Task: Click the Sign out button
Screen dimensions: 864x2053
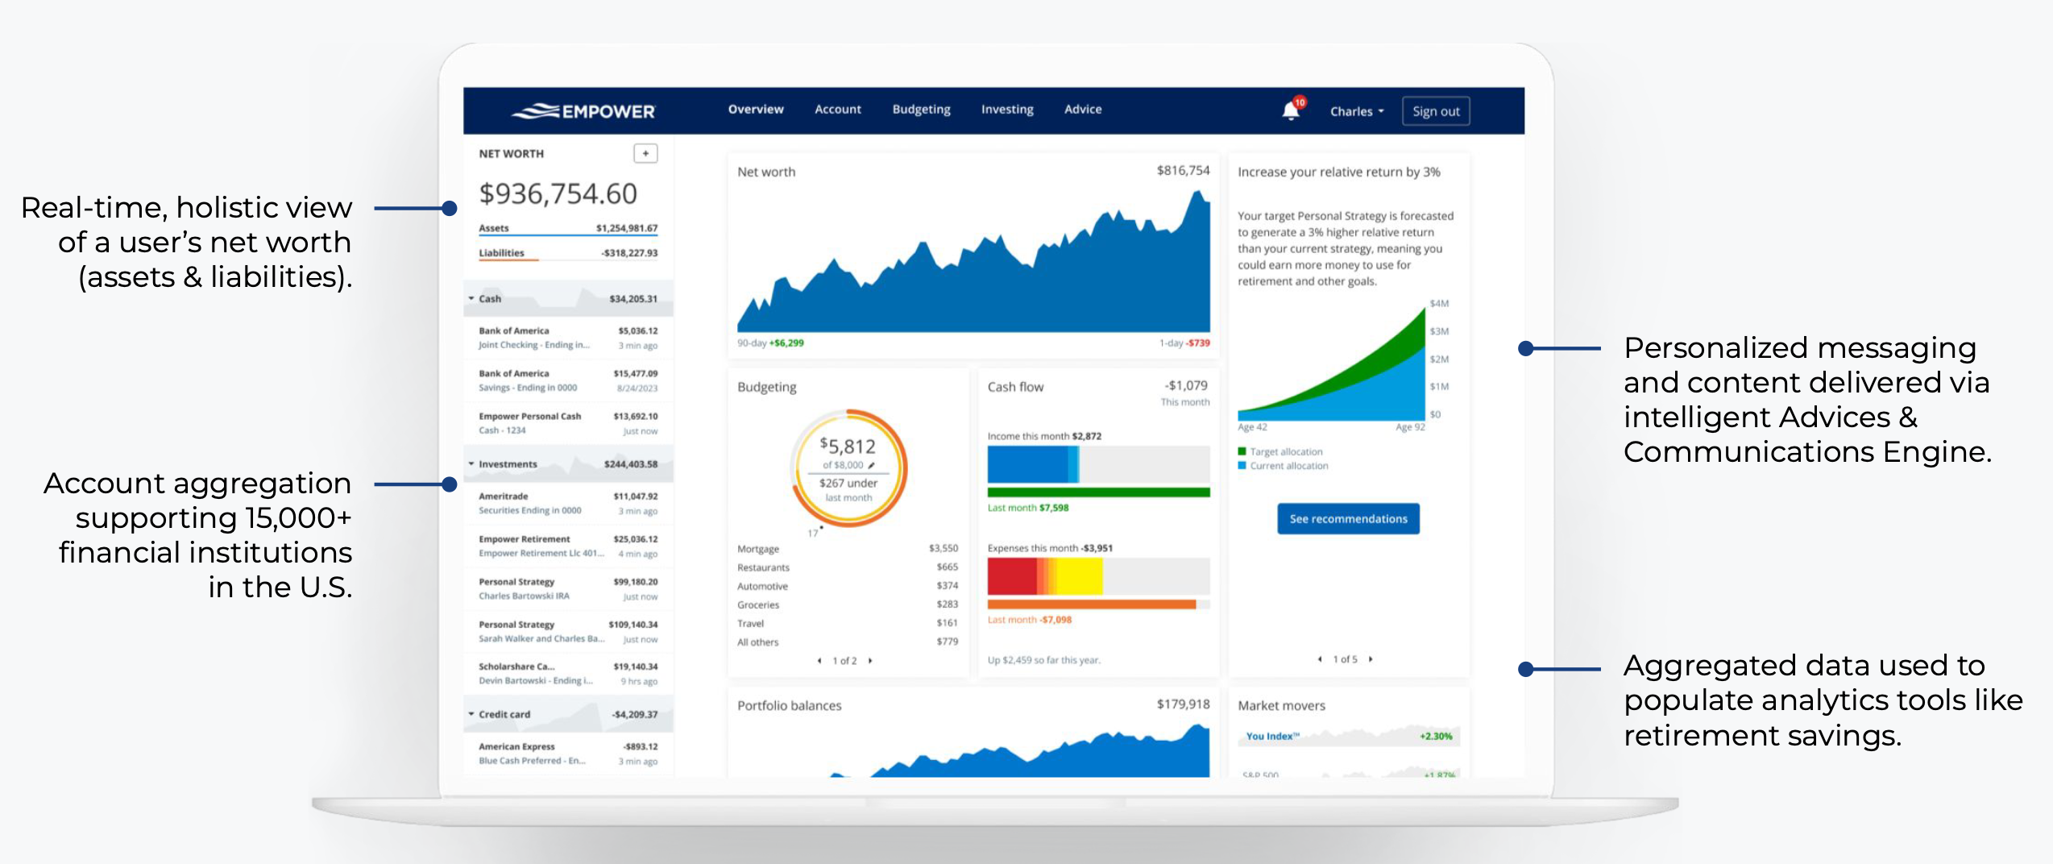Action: point(1435,111)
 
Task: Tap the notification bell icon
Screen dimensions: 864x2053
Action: point(1291,110)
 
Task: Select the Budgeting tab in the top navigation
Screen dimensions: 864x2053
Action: point(921,110)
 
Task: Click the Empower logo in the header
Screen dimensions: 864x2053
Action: point(584,111)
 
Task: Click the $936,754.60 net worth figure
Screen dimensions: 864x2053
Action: point(558,193)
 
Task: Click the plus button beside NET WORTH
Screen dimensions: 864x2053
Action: point(645,153)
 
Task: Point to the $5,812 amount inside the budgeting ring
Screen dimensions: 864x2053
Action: point(848,446)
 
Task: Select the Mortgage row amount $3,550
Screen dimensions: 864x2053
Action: point(943,548)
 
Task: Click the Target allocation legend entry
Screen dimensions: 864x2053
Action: point(1285,451)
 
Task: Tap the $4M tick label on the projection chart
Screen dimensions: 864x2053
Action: point(1439,304)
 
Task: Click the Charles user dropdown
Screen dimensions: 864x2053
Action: point(1356,111)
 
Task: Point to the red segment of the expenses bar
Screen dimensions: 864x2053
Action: point(1011,575)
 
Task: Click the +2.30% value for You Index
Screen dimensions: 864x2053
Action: point(1435,736)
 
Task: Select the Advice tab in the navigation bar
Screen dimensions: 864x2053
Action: point(1082,110)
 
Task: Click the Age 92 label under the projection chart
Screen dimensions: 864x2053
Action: point(1409,427)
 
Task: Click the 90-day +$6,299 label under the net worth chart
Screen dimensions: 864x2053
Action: point(770,343)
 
